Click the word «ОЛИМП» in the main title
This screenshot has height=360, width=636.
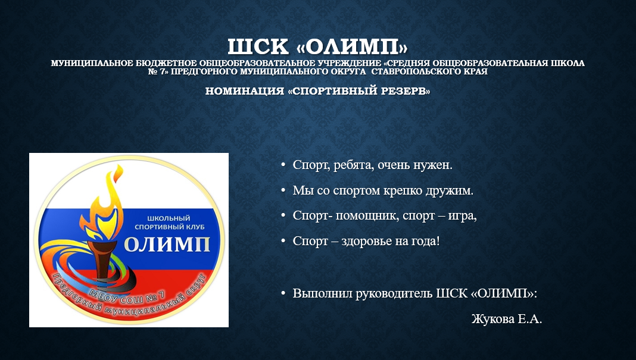[352, 47]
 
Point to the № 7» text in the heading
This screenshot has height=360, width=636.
[158, 72]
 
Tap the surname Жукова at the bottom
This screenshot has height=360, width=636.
[493, 319]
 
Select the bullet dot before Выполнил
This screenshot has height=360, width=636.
[283, 293]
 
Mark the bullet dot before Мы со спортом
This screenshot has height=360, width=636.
[283, 190]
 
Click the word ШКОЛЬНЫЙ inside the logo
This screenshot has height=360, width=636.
[169, 218]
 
